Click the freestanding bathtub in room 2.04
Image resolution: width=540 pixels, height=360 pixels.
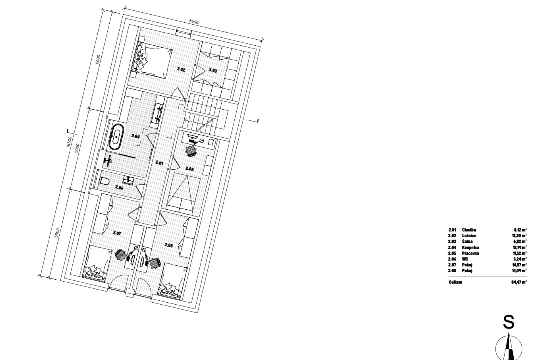(117, 137)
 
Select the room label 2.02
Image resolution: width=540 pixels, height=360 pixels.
(181, 69)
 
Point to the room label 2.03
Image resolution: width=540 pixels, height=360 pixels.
(212, 70)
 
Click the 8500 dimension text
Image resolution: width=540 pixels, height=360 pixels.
(194, 22)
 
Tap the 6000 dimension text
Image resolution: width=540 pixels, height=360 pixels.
(98, 59)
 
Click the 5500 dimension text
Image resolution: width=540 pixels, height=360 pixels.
(57, 233)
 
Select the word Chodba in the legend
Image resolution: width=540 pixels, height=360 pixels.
(469, 230)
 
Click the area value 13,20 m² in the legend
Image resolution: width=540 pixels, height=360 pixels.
(520, 236)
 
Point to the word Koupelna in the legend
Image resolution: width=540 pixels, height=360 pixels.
(470, 247)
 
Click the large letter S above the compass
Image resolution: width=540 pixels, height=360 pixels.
(509, 322)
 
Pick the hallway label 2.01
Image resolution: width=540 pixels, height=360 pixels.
(159, 163)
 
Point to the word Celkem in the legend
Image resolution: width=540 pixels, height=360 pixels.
(455, 282)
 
